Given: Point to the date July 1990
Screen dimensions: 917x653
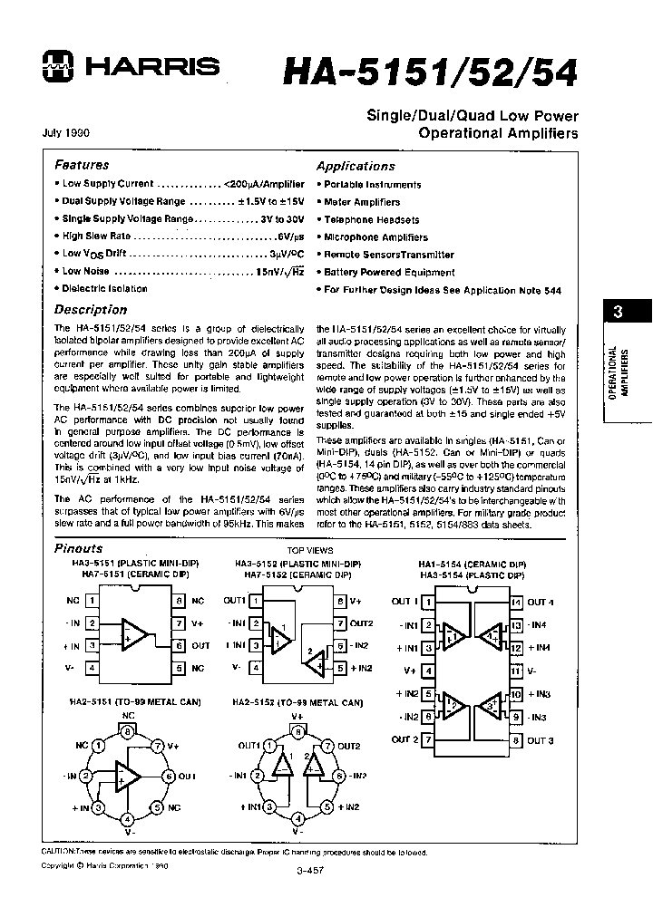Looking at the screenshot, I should click(65, 133).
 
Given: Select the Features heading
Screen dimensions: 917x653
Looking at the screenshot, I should click(82, 165).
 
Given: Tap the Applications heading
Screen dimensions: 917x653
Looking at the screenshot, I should click(356, 166).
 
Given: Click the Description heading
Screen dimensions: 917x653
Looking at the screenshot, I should click(91, 309).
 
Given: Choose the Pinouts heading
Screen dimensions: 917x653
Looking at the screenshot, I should click(79, 548).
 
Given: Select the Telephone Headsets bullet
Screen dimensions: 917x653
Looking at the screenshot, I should click(372, 219).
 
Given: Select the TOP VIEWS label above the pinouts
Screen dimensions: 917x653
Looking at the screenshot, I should click(310, 550).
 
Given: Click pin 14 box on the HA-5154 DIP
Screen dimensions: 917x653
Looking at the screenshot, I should click(516, 602).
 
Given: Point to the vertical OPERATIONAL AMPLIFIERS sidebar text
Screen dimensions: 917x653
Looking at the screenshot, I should click(619, 372).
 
